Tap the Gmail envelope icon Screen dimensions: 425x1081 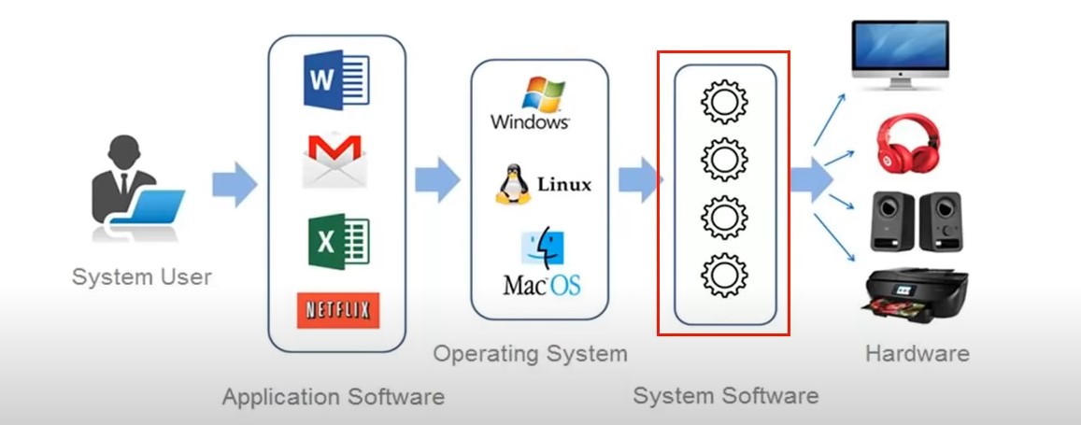tap(334, 161)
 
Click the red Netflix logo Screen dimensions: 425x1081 tap(338, 310)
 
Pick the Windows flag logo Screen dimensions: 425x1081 tap(542, 94)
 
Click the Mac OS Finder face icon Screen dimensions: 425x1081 tap(543, 249)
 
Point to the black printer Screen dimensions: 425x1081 tap(914, 294)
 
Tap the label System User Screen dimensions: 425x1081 tap(142, 277)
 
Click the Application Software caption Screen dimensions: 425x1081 tap(333, 397)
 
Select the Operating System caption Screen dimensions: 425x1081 tap(530, 354)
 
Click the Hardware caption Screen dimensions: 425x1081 tap(917, 353)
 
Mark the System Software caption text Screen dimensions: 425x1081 tap(725, 395)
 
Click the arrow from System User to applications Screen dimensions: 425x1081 tap(234, 184)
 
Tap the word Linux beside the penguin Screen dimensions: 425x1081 tap(564, 184)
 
